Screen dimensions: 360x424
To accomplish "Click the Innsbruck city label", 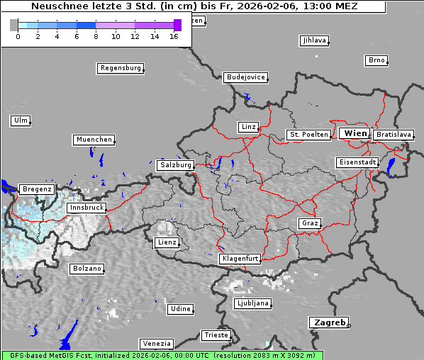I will tap(87, 208).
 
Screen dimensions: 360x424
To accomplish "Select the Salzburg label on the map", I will tap(175, 165).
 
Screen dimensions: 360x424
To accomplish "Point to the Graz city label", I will tap(310, 223).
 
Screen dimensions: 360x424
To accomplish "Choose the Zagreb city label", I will tap(328, 322).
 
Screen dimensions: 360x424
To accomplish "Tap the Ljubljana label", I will tap(252, 303).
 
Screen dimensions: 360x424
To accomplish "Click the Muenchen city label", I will tap(94, 140).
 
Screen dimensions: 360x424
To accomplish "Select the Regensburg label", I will tap(120, 68).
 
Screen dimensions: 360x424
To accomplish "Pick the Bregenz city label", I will tap(37, 189).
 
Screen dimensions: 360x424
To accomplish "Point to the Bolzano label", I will tap(87, 269).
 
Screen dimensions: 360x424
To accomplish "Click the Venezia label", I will tap(155, 343).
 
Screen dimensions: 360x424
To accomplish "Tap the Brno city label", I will tap(376, 60).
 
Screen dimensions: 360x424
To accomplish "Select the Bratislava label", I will tap(394, 134).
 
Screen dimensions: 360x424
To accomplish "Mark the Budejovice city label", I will tap(245, 77).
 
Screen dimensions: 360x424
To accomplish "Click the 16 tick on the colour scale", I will tap(173, 36).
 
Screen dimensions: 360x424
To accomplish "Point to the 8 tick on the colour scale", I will tap(96, 36).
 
